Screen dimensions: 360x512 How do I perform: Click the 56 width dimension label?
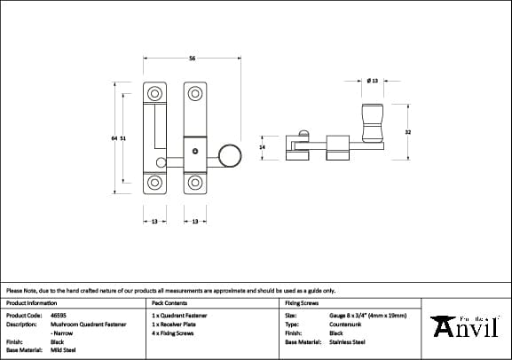pos(193,59)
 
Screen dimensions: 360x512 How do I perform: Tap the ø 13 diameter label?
pos(372,80)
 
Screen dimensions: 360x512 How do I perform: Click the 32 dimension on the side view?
pos(407,132)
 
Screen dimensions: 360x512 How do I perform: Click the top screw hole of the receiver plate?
pos(155,91)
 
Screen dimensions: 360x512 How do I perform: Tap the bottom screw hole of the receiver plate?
pos(155,184)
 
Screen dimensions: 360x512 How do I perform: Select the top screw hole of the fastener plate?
pos(194,91)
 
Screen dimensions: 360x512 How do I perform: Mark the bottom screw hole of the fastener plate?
pos(194,184)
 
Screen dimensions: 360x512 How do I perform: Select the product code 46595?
pos(59,316)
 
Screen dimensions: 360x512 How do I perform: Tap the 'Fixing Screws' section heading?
pos(303,302)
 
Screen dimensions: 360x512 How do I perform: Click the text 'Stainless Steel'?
pos(347,341)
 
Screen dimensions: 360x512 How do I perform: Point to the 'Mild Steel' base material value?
pos(63,349)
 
